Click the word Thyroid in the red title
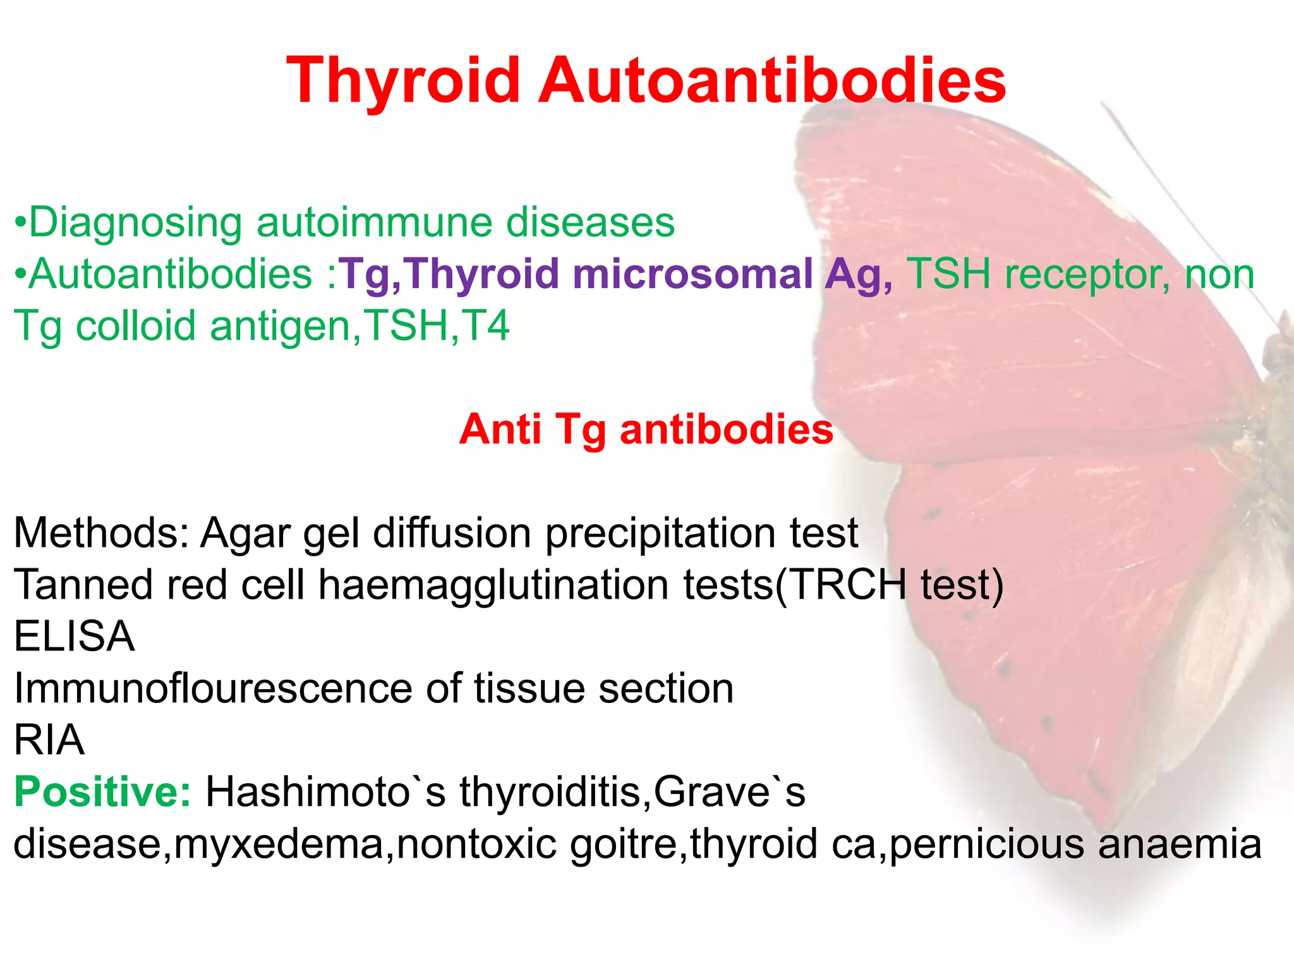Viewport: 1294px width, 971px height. point(402,81)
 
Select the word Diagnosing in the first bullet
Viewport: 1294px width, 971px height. point(135,223)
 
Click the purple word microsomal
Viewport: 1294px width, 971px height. point(692,274)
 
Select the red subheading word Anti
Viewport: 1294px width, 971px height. point(500,430)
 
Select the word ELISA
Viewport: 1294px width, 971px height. point(75,637)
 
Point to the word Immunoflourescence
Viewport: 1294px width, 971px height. point(213,688)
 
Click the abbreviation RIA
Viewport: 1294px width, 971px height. point(49,740)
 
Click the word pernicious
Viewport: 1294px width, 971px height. point(987,844)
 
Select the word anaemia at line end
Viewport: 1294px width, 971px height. point(1180,844)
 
